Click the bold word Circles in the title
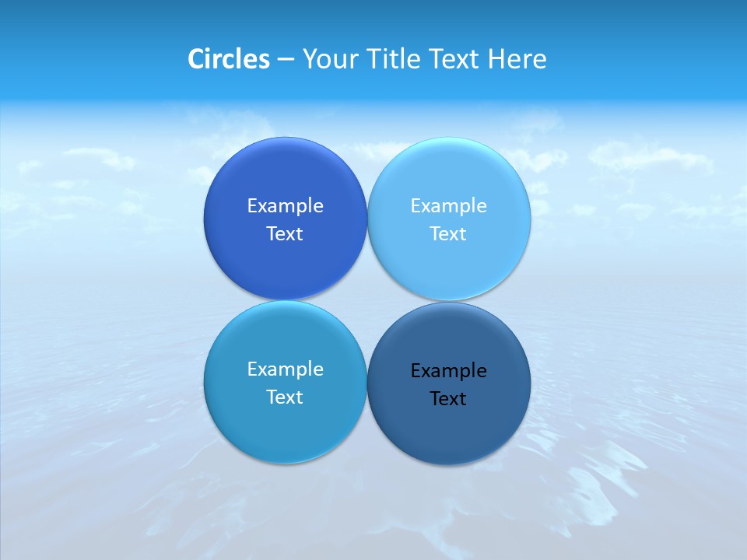[x=228, y=59]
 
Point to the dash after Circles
[x=286, y=60]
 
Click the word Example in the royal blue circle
[x=285, y=205]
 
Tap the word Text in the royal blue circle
[x=285, y=233]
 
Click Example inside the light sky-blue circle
[x=448, y=205]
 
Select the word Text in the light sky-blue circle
[x=448, y=233]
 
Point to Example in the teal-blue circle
[x=285, y=369]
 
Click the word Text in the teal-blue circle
[x=285, y=397]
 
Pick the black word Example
[x=448, y=370]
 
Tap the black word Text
[x=448, y=398]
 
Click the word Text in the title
[x=453, y=59]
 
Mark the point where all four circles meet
[x=367, y=301]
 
